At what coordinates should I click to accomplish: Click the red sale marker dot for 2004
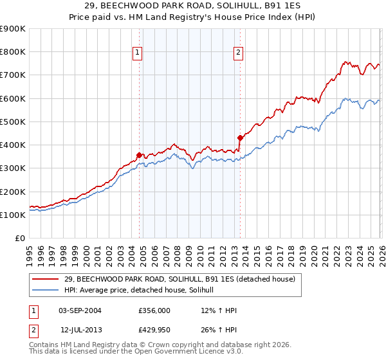[140, 155]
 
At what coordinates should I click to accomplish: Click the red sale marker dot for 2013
[240, 138]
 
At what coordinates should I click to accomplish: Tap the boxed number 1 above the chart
[138, 53]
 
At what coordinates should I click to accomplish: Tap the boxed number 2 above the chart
[238, 53]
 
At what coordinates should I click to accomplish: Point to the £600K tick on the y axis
[13, 98]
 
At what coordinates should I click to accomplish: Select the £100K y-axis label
[13, 215]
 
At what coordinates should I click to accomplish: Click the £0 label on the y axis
[19, 239]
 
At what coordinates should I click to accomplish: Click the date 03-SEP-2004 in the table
[80, 310]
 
